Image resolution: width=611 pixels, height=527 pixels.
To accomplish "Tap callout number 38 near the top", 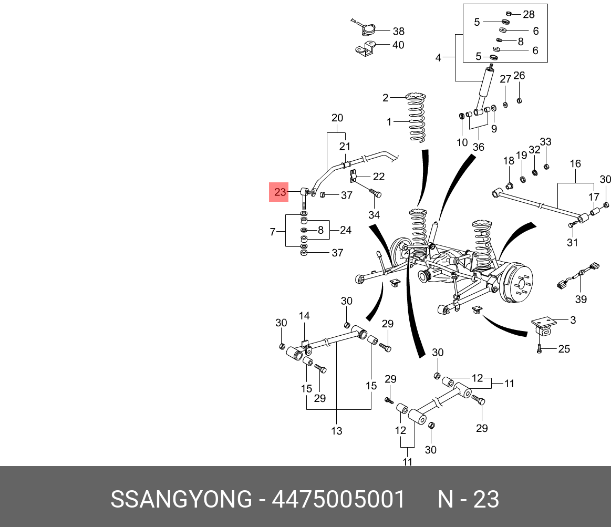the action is click(x=398, y=31).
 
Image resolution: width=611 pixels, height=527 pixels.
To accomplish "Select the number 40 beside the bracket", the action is click(x=398, y=45).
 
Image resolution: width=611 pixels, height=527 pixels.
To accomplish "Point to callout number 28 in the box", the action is click(x=529, y=14).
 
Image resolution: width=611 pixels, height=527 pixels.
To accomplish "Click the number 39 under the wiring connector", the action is click(x=581, y=299).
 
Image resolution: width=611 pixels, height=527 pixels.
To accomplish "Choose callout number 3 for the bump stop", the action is click(x=573, y=320).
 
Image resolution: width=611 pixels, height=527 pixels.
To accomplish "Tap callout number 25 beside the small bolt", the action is click(x=564, y=349).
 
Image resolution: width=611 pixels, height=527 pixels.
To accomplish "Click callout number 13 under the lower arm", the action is click(x=337, y=431).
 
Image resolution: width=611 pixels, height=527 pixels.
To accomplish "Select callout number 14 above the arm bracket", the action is click(x=304, y=316).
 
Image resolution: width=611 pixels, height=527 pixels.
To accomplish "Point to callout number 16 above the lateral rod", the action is click(x=575, y=164).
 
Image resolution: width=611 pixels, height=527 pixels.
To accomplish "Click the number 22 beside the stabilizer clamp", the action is click(x=378, y=177).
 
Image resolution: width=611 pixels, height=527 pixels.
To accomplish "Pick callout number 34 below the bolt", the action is click(x=374, y=215).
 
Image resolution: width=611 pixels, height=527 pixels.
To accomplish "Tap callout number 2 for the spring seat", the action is click(x=386, y=98).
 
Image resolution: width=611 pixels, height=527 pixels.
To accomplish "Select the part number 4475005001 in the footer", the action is click(x=338, y=499).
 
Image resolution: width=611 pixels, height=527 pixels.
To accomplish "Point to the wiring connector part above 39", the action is click(x=578, y=275).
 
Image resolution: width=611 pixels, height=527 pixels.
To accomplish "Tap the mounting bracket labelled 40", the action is click(x=365, y=48).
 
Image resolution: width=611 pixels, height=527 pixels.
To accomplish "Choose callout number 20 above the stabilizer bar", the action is click(x=337, y=118).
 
